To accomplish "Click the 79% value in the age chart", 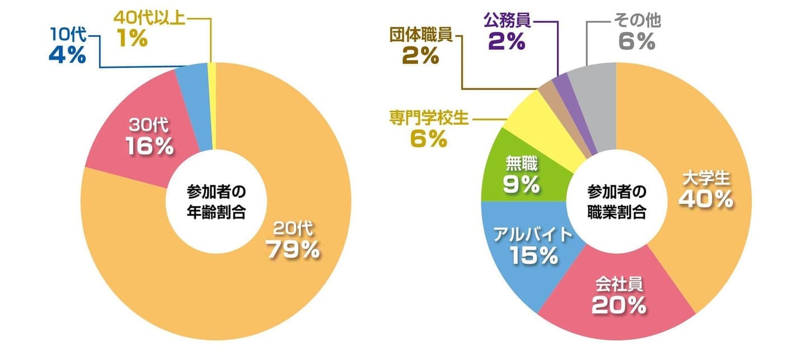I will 293,250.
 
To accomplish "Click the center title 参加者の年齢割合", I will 215,203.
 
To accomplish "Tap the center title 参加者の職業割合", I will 616,203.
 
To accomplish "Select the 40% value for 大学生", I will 706,199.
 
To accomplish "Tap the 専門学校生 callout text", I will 428,119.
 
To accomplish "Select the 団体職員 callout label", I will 421,35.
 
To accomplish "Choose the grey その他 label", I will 638,21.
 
